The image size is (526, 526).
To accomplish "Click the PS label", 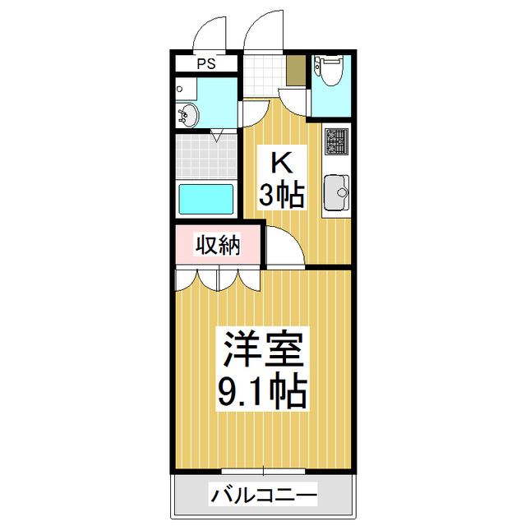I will [x=205, y=63].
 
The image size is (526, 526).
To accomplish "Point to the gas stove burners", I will [x=337, y=143].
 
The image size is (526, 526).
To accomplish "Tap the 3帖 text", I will [x=283, y=195].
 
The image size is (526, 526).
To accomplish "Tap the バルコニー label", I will [x=262, y=496].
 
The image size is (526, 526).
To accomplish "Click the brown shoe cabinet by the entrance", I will [x=296, y=70].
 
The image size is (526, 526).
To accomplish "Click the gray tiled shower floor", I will [x=205, y=157].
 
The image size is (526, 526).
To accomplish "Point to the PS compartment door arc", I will [x=210, y=33].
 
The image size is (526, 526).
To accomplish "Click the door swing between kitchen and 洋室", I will [x=288, y=247].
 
